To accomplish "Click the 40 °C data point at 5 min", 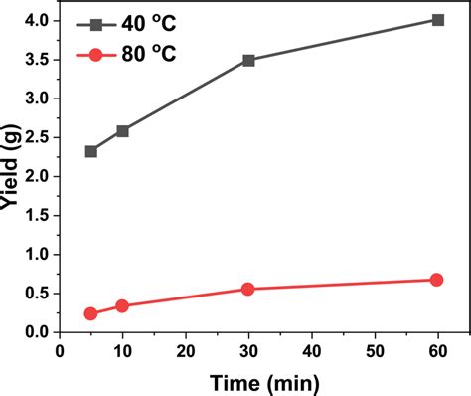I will coord(91,151).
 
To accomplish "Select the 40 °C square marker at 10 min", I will coord(122,131).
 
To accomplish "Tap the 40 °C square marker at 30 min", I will coord(248,60).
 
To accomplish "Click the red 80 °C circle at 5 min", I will coord(91,313).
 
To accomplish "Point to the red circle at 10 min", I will coord(122,305).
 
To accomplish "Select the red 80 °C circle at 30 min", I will coord(248,289).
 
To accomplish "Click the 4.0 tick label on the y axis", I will coord(37,20).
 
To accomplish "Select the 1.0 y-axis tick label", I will coord(37,254).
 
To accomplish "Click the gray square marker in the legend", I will coord(93,23).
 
